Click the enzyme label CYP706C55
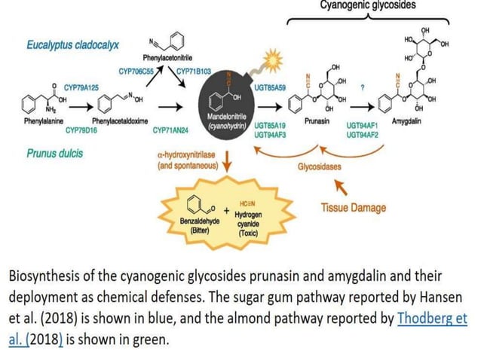(138, 71)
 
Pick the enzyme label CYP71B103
(195, 71)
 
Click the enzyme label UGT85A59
(270, 88)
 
